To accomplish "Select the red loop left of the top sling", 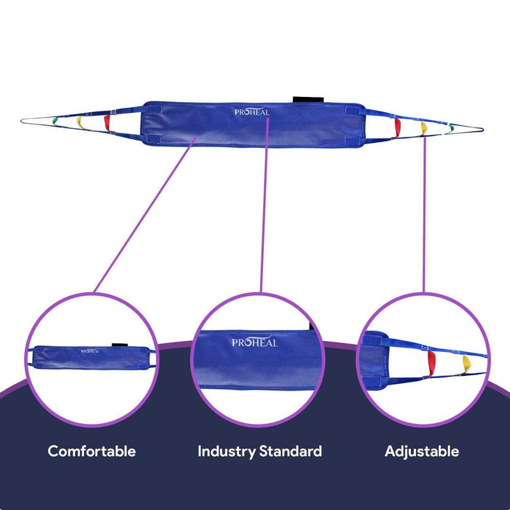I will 106,120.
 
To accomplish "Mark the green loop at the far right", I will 450,129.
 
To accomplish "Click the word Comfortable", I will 92,451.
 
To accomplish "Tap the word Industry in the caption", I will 227,452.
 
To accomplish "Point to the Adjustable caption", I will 422,452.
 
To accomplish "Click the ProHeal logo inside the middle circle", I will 254,342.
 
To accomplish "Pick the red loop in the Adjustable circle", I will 431,360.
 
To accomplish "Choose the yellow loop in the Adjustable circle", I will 466,362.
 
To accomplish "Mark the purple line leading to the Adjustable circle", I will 423,219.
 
